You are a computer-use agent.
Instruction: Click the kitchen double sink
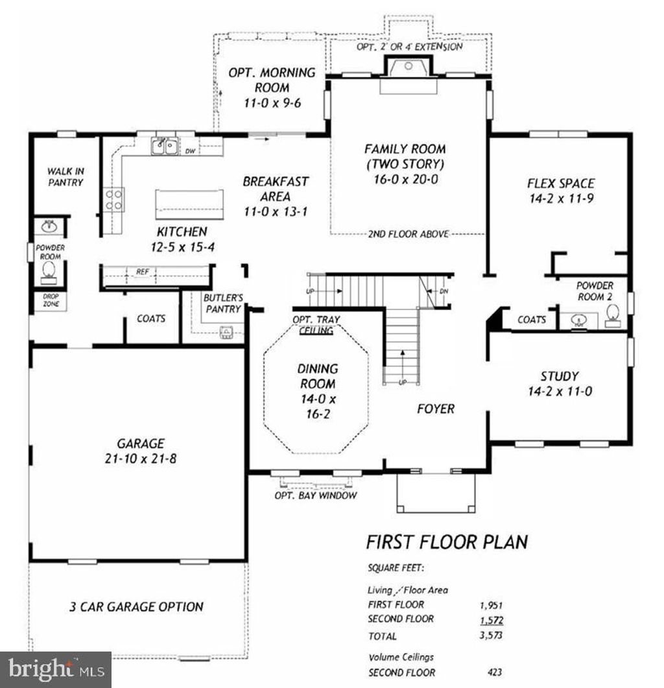[x=165, y=147]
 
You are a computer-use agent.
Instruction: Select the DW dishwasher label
[x=191, y=151]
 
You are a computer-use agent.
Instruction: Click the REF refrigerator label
[x=141, y=272]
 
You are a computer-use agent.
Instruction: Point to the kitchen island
[x=189, y=206]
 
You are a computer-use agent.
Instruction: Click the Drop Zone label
[x=51, y=300]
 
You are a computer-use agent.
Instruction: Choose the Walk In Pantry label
[x=65, y=177]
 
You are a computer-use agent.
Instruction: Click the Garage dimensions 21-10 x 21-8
[x=141, y=459]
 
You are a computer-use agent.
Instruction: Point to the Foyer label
[x=435, y=409]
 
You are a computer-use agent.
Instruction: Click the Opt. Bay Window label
[x=316, y=496]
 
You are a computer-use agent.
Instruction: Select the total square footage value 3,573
[x=490, y=635]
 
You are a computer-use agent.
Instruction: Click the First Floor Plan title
[x=447, y=541]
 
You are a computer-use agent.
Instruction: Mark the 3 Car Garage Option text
[x=136, y=607]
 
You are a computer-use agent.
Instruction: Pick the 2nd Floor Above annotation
[x=408, y=233]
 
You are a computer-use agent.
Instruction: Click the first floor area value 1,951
[x=490, y=604]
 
